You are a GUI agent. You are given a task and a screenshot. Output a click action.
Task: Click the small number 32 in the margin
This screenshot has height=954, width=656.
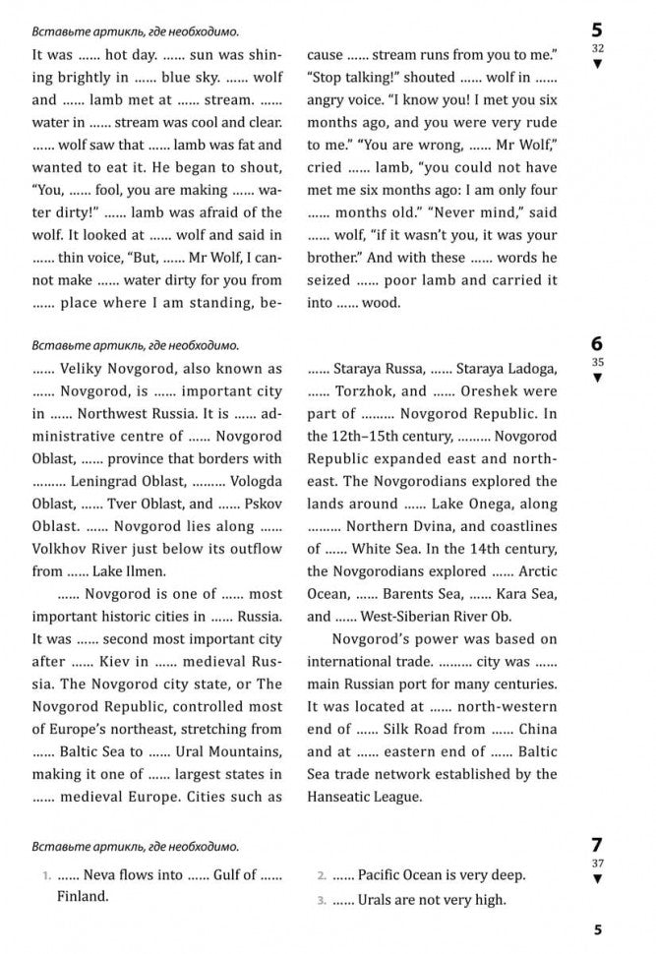[x=596, y=47]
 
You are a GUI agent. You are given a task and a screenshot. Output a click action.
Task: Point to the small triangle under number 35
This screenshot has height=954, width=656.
[x=596, y=377]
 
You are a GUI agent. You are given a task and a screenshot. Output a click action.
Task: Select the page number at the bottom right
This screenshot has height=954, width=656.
[x=597, y=928]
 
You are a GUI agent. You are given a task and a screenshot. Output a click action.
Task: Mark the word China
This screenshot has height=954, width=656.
[x=536, y=729]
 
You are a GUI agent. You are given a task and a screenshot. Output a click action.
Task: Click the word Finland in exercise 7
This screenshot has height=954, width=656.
[x=83, y=896]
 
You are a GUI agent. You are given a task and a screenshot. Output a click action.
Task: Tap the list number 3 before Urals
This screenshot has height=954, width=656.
[x=321, y=900]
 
